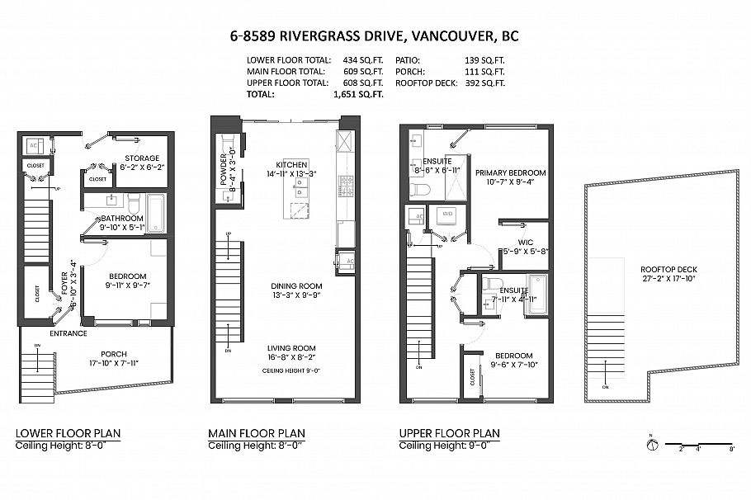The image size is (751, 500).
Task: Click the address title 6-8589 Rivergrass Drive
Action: pos(375,36)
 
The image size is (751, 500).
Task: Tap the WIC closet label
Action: pos(525,242)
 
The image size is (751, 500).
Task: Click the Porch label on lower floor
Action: pos(114,354)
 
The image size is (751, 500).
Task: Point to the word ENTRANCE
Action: pos(68,334)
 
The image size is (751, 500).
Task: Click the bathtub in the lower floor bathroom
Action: pos(156,213)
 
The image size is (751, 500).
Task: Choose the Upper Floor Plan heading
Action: pos(449,433)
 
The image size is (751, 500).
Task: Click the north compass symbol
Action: pos(651,445)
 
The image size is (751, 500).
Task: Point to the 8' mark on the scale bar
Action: pos(732,450)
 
